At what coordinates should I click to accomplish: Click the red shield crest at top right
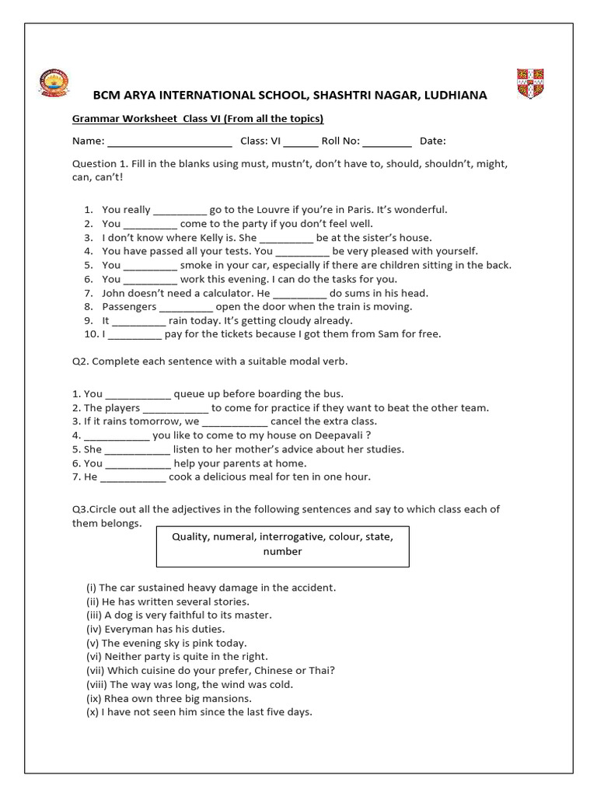[531, 84]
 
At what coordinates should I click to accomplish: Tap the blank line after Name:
[169, 141]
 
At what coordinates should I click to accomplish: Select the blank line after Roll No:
[386, 141]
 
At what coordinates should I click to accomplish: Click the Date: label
[433, 141]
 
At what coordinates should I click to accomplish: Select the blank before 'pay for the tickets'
[134, 335]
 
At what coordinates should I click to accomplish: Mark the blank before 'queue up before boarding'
[138, 394]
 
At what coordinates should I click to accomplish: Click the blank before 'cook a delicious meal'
[133, 477]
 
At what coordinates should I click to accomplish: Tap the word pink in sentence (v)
[206, 644]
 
